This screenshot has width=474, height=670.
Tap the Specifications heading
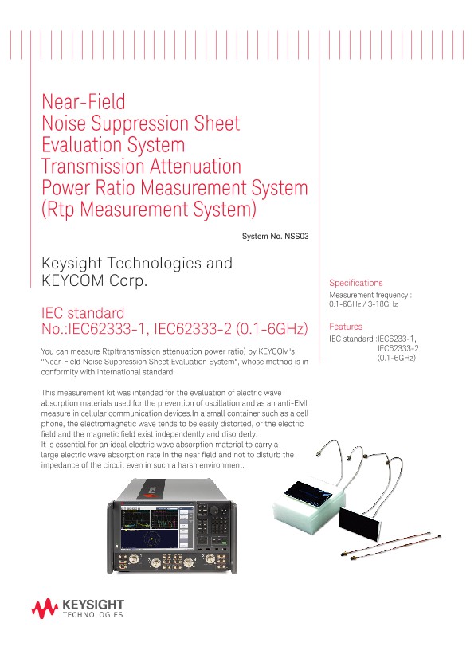[x=355, y=283]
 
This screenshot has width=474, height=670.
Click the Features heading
[x=346, y=327]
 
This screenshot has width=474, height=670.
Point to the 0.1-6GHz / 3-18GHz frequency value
[x=363, y=304]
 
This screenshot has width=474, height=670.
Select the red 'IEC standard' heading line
[x=82, y=311]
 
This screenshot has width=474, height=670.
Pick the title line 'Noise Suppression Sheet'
[x=140, y=123]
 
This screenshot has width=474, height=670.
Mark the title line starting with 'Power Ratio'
[x=174, y=188]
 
